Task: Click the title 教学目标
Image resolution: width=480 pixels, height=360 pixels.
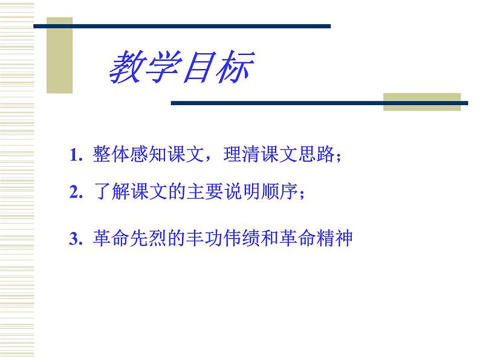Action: pyautogui.click(x=180, y=67)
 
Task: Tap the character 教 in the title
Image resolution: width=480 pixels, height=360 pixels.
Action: pyautogui.click(x=125, y=67)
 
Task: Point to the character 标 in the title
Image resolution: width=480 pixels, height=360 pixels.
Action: pyautogui.click(x=232, y=67)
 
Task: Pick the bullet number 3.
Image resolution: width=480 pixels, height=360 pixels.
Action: pyautogui.click(x=74, y=239)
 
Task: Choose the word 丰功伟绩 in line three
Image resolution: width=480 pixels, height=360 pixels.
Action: pyautogui.click(x=215, y=239)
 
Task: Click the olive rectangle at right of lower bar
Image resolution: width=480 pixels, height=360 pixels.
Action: pyautogui.click(x=422, y=101)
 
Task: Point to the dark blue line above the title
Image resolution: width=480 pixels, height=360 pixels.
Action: pyautogui.click(x=181, y=26)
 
